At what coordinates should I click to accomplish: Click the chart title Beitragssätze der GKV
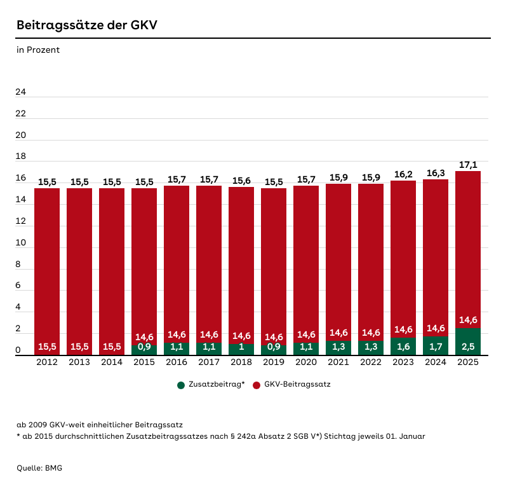pyautogui.click(x=87, y=25)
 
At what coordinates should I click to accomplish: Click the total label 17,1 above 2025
pyautogui.click(x=468, y=165)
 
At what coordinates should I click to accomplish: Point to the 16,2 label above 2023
pyautogui.click(x=403, y=174)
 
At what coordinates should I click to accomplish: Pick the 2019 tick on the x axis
pyautogui.click(x=274, y=362)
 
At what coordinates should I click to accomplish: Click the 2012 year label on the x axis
pyautogui.click(x=47, y=362)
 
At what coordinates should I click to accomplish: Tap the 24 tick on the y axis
pyautogui.click(x=21, y=92)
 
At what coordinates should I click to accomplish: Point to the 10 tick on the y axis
pyautogui.click(x=21, y=243)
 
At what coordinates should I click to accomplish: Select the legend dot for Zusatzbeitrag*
pyautogui.click(x=181, y=385)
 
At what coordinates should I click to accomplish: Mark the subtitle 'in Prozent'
pyautogui.click(x=38, y=50)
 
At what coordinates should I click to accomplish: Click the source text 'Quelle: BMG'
pyautogui.click(x=39, y=468)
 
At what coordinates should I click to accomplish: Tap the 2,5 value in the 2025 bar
pyautogui.click(x=468, y=347)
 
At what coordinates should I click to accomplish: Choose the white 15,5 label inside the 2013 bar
pyautogui.click(x=79, y=347)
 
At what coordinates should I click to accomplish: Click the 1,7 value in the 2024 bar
pyautogui.click(x=436, y=347)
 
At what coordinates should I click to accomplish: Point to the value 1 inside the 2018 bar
pyautogui.click(x=241, y=347)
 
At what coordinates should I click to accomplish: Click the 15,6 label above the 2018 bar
pyautogui.click(x=241, y=181)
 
